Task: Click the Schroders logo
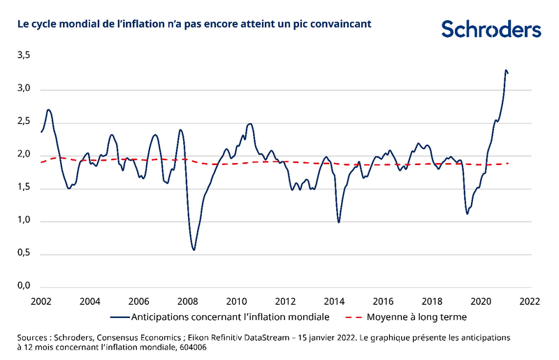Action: tap(491, 29)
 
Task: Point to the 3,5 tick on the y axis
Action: tap(24, 56)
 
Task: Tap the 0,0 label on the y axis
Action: tap(24, 287)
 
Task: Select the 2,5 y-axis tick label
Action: tap(24, 122)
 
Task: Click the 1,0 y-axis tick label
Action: tap(24, 221)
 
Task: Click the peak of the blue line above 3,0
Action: tap(505, 70)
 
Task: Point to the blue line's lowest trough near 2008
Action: tap(194, 250)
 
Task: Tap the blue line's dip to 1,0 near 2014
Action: tap(339, 222)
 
